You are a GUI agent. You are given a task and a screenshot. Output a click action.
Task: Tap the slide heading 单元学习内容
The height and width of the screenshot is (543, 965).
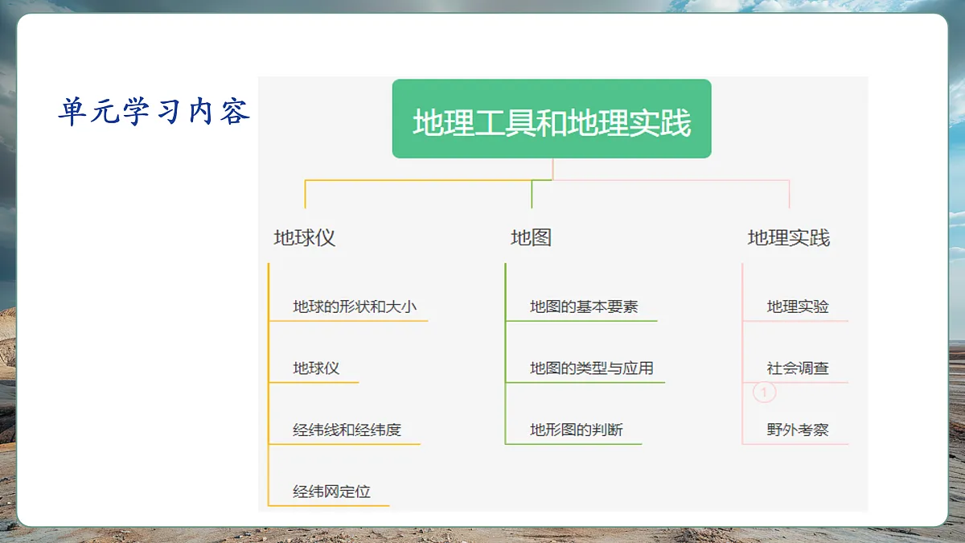coord(154,112)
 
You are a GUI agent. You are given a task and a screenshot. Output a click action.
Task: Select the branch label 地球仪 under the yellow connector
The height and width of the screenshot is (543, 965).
coord(304,238)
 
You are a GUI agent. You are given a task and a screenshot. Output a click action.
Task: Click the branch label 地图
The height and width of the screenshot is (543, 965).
coord(531,238)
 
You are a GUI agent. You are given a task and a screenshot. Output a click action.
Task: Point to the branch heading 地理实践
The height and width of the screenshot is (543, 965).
coord(788,238)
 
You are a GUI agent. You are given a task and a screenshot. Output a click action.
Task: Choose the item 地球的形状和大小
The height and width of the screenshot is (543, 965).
coord(355,306)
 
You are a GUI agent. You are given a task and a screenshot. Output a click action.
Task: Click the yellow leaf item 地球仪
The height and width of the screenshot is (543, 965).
coord(316,368)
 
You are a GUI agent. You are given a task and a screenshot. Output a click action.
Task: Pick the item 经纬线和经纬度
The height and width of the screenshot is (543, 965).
coord(347,430)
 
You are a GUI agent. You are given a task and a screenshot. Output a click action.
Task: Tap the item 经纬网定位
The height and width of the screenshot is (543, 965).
coord(331,492)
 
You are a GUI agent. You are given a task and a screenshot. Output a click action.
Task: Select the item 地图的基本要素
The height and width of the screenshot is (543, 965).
coord(584,306)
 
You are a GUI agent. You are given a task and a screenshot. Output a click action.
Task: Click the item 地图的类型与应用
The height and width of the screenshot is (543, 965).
coord(591,368)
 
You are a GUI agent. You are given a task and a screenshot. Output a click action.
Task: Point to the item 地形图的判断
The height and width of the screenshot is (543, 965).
coord(576,430)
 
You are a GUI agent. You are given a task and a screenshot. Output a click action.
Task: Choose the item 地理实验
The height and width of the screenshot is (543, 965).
coord(798,306)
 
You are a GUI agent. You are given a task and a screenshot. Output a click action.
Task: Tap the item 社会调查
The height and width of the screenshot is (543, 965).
coord(798,368)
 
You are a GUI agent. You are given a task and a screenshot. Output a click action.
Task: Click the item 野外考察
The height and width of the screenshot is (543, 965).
coord(798,430)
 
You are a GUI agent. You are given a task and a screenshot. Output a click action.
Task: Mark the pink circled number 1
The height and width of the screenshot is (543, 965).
coord(764,393)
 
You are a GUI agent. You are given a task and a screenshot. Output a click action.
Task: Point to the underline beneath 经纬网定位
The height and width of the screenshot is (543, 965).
coord(330,506)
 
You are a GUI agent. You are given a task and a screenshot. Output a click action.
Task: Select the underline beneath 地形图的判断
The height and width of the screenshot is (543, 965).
coord(574,444)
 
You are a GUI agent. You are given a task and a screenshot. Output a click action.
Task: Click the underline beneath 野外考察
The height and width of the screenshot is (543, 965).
coord(796,444)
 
